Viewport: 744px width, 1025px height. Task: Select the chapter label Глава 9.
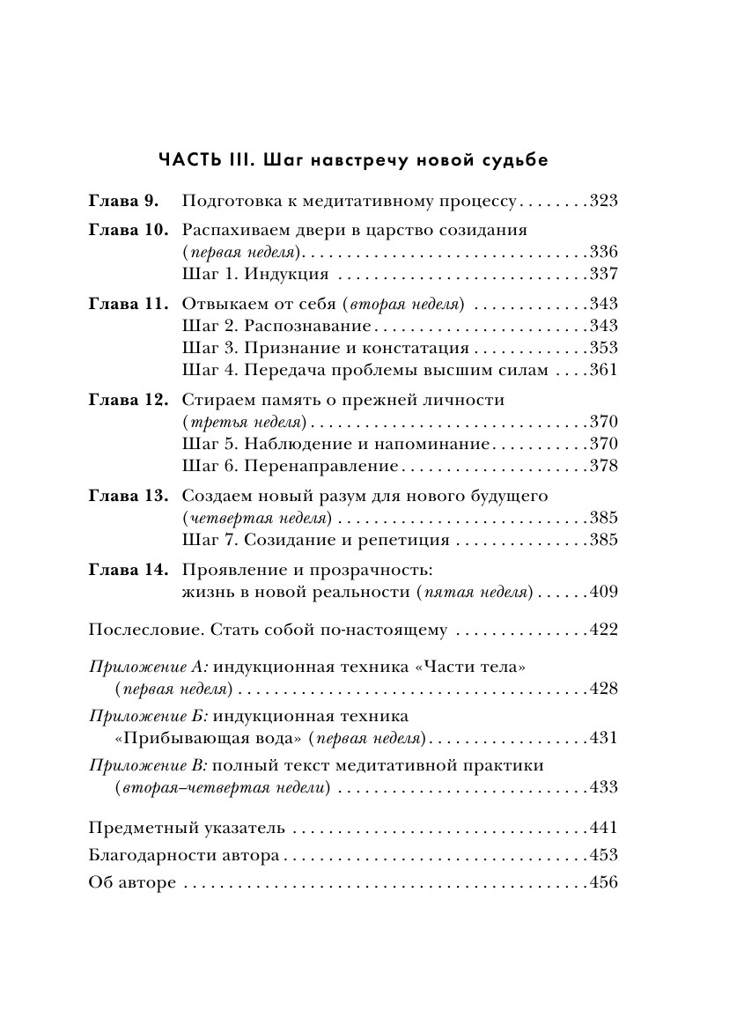tap(122, 202)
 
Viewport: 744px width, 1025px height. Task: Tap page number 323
tap(603, 202)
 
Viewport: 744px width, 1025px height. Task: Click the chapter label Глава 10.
tap(128, 231)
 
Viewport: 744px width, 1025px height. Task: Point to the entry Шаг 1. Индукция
tap(255, 274)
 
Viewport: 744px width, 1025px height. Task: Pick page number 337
tap(603, 274)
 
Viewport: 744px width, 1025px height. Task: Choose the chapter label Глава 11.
tap(128, 304)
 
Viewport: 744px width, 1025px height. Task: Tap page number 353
tap(603, 348)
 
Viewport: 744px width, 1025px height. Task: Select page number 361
tap(603, 370)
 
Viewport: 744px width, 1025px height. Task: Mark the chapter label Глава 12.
tap(128, 400)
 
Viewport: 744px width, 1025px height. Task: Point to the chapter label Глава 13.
tap(128, 496)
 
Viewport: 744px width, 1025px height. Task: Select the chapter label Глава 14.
tap(128, 570)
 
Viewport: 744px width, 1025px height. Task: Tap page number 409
tap(603, 592)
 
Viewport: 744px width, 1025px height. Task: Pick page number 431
tap(603, 737)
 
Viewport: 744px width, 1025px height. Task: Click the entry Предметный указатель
tap(188, 828)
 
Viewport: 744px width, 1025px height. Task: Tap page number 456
tap(603, 882)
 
